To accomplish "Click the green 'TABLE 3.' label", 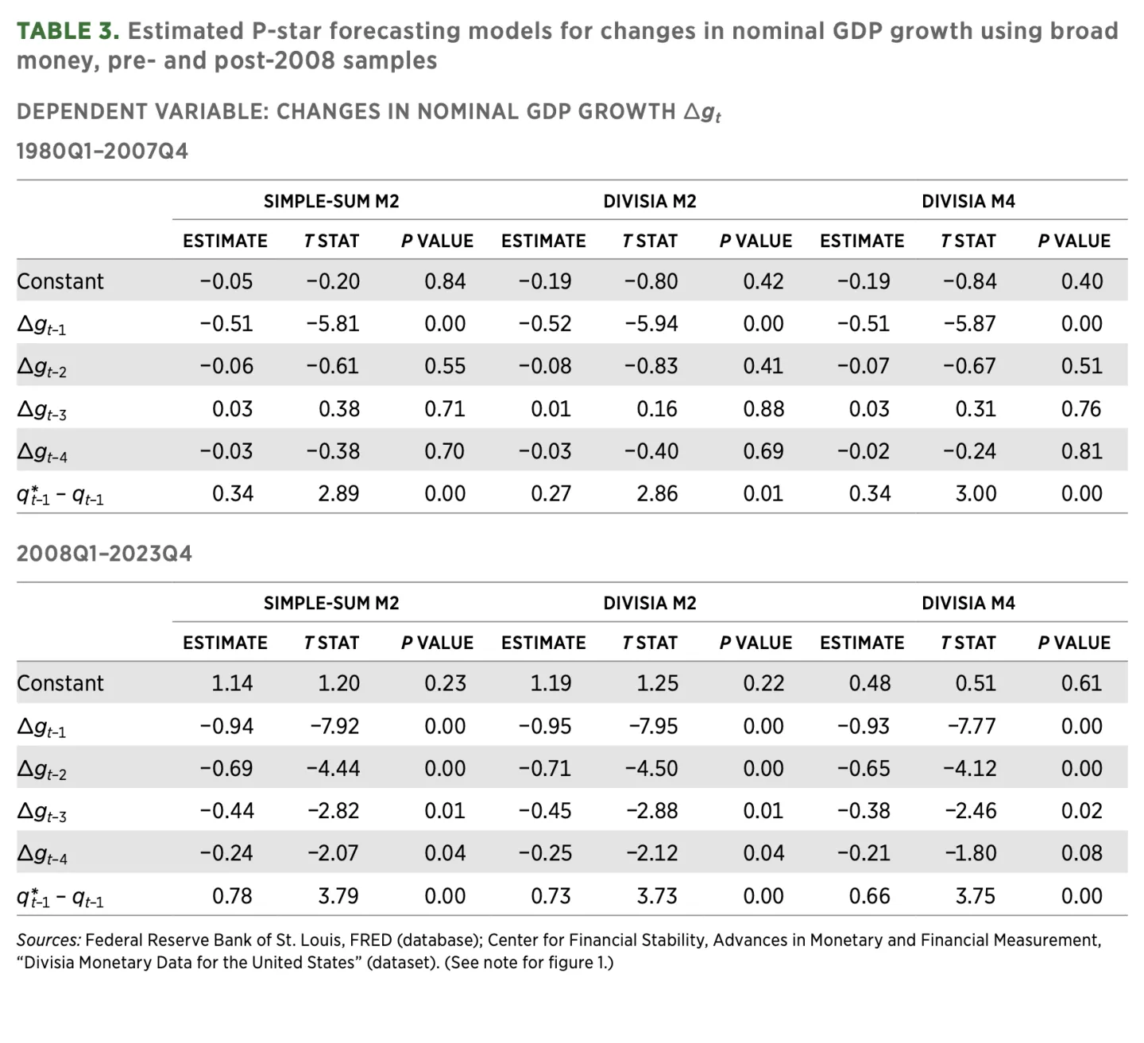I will [68, 31].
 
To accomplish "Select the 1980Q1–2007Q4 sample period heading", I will [102, 151].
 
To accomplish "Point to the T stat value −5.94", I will [651, 323].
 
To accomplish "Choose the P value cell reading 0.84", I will [445, 281].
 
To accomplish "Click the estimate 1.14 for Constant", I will [232, 683].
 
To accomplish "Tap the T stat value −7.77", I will [971, 726].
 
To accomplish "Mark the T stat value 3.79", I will [338, 896].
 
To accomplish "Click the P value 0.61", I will [1081, 683].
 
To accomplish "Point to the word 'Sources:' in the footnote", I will [48, 941].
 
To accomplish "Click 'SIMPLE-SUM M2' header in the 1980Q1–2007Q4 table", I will [331, 201].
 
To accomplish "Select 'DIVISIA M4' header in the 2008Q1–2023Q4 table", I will [968, 603].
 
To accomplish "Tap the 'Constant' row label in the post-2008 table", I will [60, 683].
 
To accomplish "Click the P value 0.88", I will [763, 408].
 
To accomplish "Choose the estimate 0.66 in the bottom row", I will [869, 896].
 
